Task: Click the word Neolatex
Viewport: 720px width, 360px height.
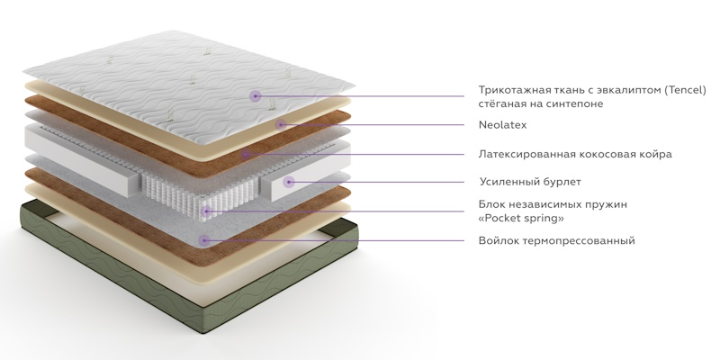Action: click(502, 125)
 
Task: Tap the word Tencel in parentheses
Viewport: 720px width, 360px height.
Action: click(687, 90)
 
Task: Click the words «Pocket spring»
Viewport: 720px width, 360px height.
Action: click(521, 218)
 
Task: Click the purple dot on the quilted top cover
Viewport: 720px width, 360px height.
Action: click(256, 96)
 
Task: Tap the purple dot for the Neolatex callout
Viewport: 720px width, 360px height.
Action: click(281, 124)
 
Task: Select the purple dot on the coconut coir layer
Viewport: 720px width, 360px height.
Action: click(245, 154)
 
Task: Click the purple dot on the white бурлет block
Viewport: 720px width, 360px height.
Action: click(288, 183)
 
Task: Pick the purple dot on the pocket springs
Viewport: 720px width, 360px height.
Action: click(206, 211)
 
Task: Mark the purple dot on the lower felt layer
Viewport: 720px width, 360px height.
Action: click(204, 240)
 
